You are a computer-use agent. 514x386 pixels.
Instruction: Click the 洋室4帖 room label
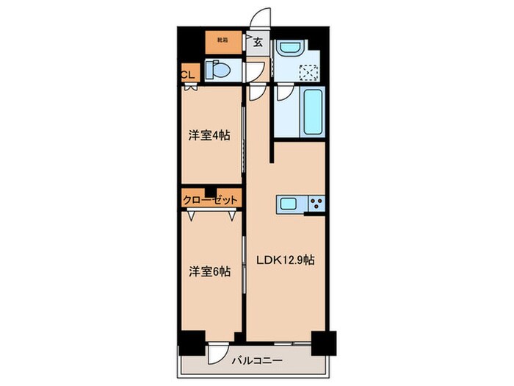tap(209, 135)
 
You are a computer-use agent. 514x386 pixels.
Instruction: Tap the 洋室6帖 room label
tap(209, 271)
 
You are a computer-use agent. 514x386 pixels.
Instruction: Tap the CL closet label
tap(187, 74)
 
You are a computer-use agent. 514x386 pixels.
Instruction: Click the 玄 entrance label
tap(258, 43)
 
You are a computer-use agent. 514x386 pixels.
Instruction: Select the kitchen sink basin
tap(288, 204)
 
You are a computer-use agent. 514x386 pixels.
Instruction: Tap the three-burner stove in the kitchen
tap(317, 204)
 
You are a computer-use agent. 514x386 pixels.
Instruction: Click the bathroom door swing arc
tap(283, 94)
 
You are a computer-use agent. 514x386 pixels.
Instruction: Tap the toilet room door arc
tap(255, 72)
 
